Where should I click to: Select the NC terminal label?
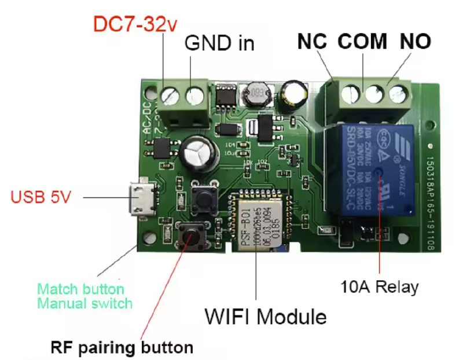tap(312, 42)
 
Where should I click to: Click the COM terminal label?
tap(362, 42)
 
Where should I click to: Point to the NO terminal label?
tap(415, 42)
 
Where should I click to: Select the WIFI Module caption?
tap(266, 317)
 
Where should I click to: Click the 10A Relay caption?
tap(379, 286)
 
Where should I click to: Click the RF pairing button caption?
tap(122, 347)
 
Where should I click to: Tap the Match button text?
tap(80, 288)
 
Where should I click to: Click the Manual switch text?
tap(84, 303)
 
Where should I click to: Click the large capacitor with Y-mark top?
tap(197, 154)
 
